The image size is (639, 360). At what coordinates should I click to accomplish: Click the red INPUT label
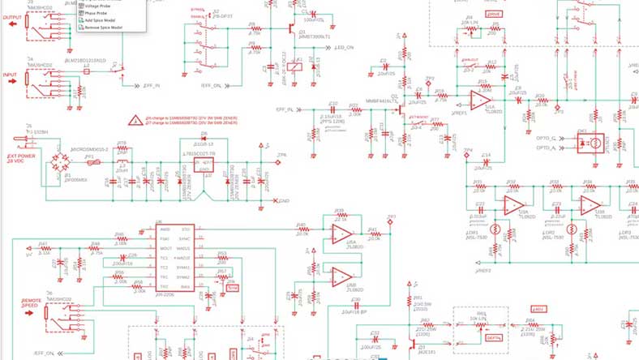11,75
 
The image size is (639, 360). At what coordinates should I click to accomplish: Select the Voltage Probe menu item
99,6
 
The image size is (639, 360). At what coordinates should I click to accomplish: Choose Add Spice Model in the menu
103,20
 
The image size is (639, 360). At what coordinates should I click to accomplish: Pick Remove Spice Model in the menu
106,28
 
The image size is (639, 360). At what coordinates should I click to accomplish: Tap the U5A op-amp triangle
340,235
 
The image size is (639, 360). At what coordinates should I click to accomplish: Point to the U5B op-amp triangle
340,276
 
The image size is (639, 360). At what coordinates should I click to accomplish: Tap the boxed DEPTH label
493,336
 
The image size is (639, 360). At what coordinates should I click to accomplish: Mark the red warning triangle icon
135,120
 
